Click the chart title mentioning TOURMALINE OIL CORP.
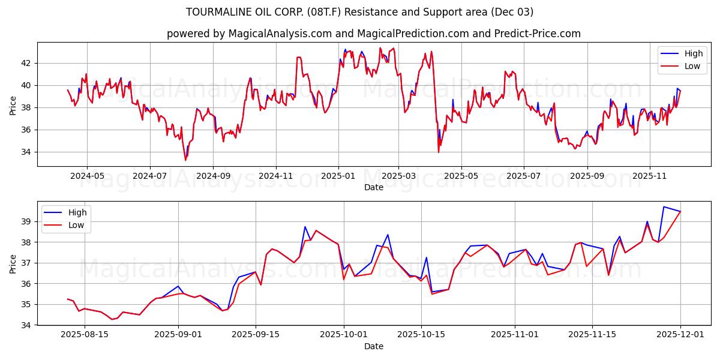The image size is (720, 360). pyautogui.click(x=359, y=12)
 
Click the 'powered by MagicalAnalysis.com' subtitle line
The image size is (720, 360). pyautogui.click(x=373, y=34)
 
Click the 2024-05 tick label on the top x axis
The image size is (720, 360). pyautogui.click(x=87, y=176)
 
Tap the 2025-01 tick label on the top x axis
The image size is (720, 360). pyautogui.click(x=338, y=176)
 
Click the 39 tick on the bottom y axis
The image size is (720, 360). pyautogui.click(x=26, y=221)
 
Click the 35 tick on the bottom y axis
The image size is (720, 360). pyautogui.click(x=26, y=304)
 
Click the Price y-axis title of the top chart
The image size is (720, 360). pyautogui.click(x=13, y=106)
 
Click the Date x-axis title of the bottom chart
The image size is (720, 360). pyautogui.click(x=373, y=346)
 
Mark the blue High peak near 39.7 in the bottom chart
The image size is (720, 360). pyautogui.click(x=664, y=206)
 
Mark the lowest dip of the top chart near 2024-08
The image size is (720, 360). pyautogui.click(x=185, y=160)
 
